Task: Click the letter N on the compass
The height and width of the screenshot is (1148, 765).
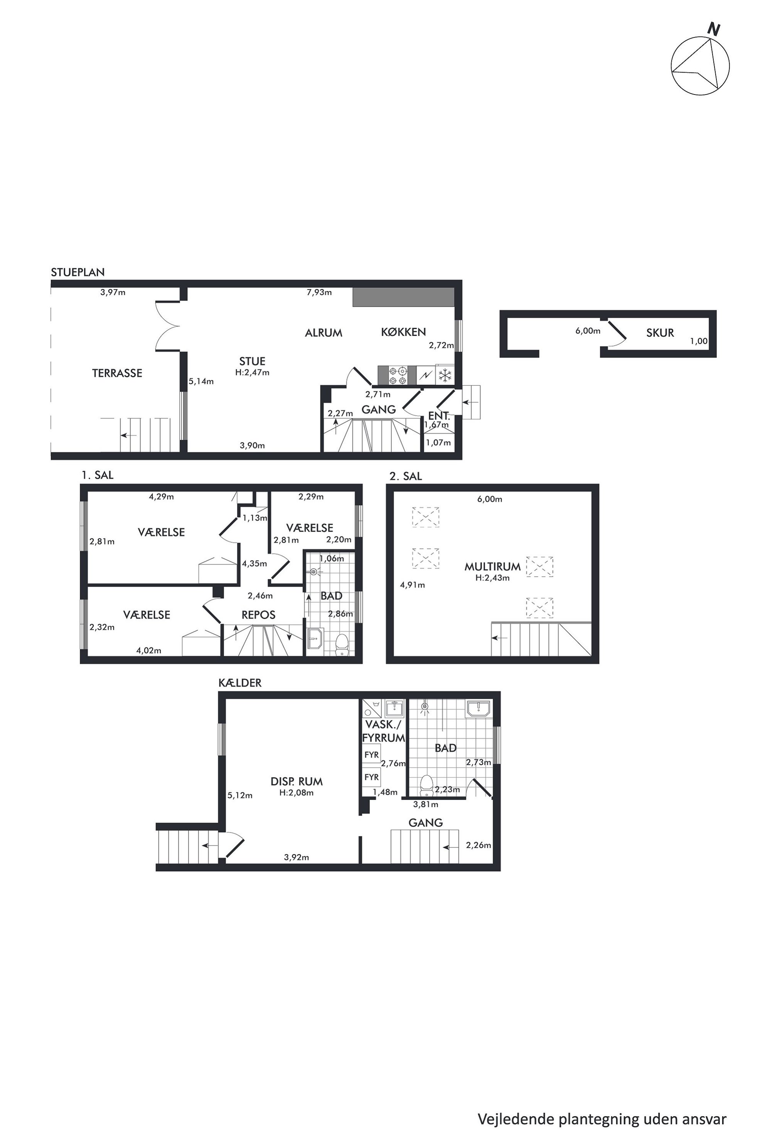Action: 714,29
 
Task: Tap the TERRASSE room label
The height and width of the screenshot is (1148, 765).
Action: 117,373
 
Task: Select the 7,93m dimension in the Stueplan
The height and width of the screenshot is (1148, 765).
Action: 319,292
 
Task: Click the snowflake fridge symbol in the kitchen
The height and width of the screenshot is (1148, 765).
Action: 445,375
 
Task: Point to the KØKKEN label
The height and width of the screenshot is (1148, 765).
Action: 403,332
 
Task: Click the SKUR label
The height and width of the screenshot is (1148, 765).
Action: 660,333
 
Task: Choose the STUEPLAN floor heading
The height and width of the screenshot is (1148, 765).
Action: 78,272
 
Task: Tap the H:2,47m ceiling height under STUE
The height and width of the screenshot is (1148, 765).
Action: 252,372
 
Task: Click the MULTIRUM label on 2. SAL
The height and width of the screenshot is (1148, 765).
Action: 492,567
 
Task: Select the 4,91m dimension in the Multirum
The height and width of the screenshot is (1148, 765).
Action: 412,585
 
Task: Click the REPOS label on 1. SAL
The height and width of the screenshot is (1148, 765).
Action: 259,615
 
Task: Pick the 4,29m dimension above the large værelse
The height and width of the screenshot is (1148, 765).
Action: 161,497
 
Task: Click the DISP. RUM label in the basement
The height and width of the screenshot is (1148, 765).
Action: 297,782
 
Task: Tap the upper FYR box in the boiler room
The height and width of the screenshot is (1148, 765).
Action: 371,755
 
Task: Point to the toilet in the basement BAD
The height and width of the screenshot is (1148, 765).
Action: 427,784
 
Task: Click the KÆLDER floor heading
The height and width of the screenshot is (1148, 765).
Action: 240,683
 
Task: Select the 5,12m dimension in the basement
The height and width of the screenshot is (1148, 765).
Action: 240,795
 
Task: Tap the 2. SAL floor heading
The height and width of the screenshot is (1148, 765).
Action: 405,476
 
